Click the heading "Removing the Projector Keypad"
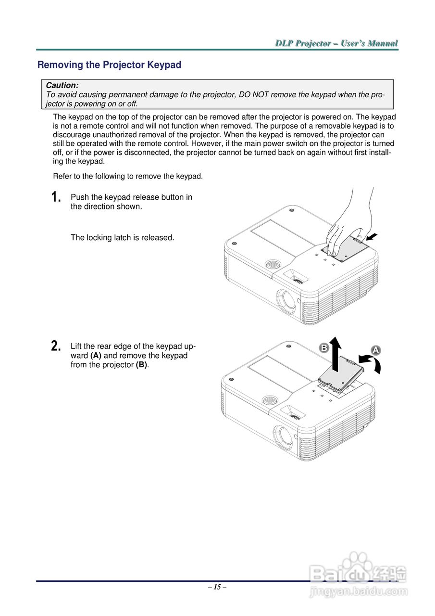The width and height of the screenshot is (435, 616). pos(109,65)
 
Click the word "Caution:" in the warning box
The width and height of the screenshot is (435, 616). pos(62,85)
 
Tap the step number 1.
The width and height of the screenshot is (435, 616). pos(56,197)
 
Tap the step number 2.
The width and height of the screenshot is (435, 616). pos(56,346)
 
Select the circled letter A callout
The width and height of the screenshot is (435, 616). pos(375,350)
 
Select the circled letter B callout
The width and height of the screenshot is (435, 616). pos(324,347)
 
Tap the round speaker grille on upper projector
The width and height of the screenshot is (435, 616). pos(273,265)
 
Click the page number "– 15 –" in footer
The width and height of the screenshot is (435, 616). pos(217,587)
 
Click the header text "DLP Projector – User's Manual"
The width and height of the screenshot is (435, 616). pos(336,44)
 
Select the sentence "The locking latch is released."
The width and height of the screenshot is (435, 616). pos(122,237)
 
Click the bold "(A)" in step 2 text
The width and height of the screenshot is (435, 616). pos(96,356)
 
